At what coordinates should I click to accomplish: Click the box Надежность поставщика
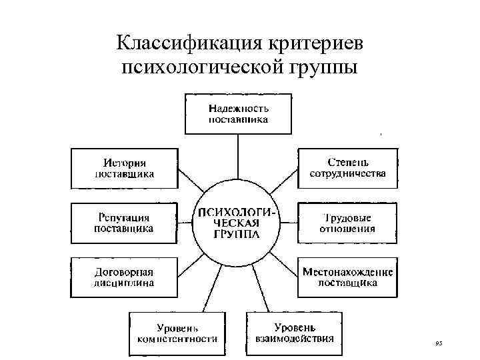pos(237,114)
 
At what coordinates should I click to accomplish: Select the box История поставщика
pos(124,168)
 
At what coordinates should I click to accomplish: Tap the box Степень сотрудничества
pos(347,168)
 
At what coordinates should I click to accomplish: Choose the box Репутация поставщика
pos(124,223)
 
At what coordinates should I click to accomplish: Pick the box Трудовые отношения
pos(347,223)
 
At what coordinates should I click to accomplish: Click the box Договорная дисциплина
pos(124,277)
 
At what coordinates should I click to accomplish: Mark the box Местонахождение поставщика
pos(347,277)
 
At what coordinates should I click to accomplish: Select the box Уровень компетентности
pos(177,333)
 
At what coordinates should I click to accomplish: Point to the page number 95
pos(438,343)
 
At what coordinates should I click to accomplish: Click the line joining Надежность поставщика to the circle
pos(237,157)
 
